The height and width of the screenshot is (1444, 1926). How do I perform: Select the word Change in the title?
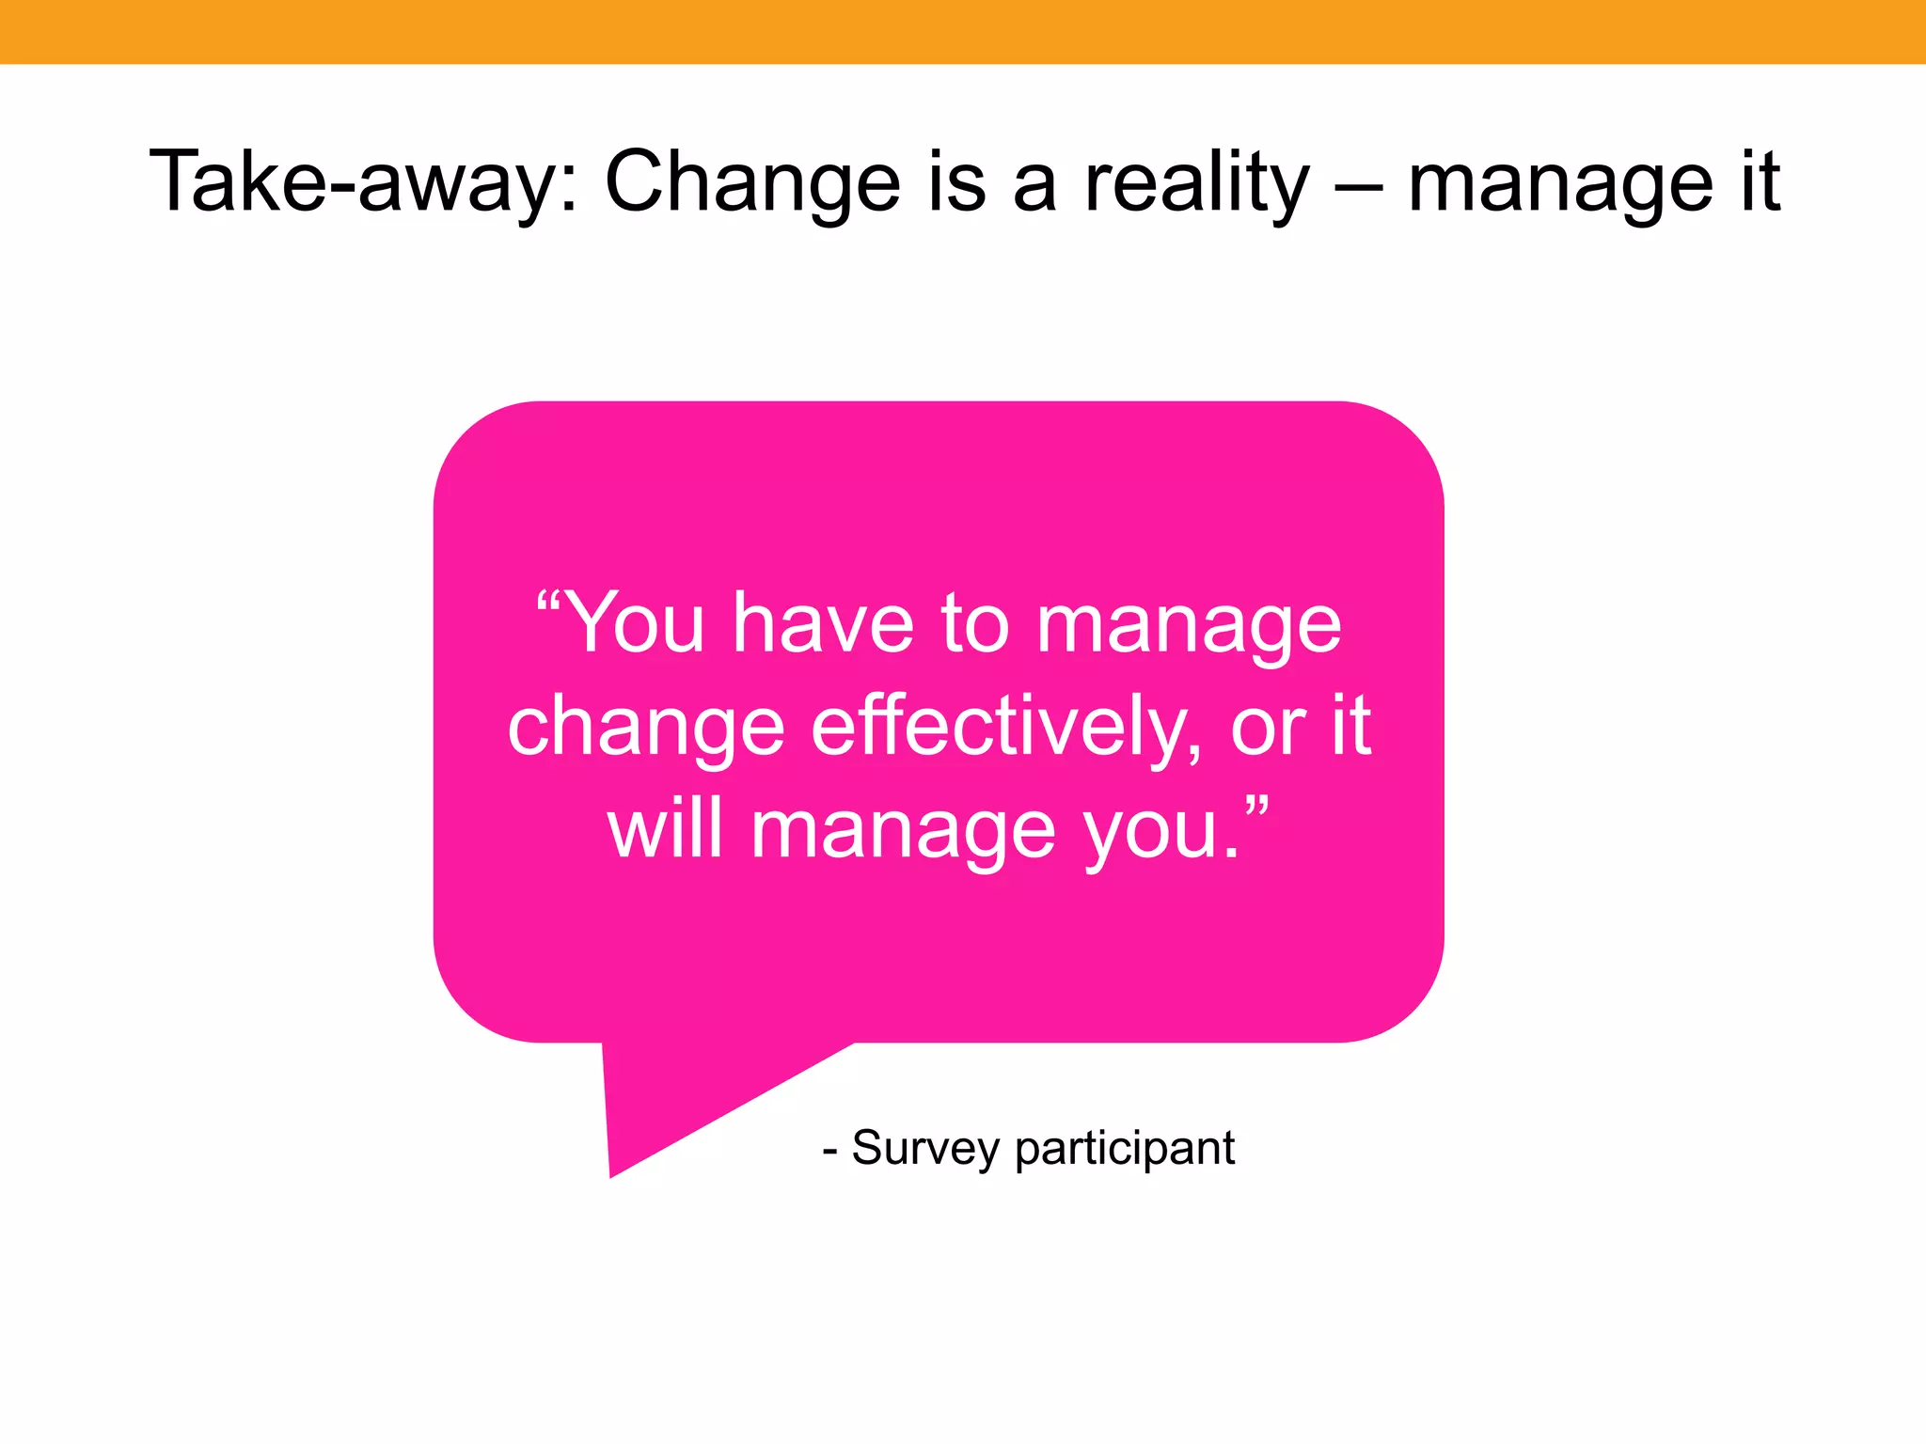click(752, 183)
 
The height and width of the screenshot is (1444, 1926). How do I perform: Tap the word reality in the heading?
click(1196, 183)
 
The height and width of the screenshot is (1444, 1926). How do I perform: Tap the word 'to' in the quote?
click(974, 624)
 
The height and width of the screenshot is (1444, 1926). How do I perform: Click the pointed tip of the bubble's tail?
click(611, 1173)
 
